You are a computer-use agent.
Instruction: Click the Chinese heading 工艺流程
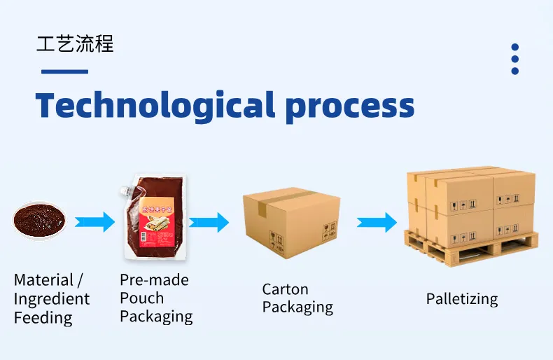[75, 43]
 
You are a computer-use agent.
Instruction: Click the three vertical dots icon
[515, 59]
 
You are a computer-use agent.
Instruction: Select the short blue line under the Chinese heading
[64, 71]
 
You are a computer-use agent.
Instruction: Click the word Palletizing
[462, 299]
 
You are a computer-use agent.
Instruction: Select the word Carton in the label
[285, 289]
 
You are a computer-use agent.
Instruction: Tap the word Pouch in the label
[141, 298]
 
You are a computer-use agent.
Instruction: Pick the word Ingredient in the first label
[52, 299]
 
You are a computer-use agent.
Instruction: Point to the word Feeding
[43, 318]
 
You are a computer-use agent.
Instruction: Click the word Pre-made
[154, 280]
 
